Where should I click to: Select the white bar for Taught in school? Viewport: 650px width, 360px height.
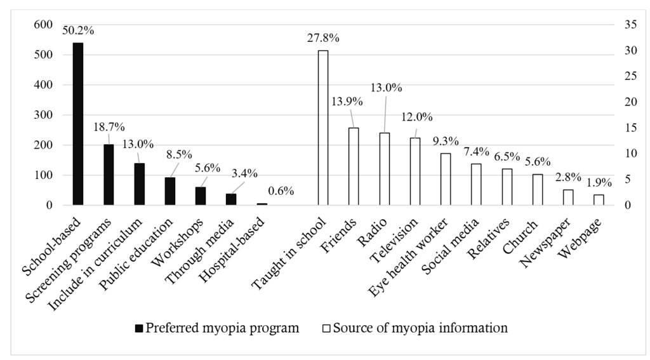pos(323,128)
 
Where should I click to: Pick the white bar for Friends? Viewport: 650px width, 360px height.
pos(354,166)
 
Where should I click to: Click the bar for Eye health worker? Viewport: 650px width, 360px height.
pos(446,179)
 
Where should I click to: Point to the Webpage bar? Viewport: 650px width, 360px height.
pos(599,199)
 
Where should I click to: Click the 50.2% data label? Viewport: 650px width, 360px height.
pos(77,30)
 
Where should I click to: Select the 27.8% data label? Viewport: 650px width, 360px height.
pos(322,38)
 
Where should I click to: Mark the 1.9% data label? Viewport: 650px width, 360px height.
pos(599,182)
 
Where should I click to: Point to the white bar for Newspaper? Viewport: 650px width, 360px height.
pos(568,197)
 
